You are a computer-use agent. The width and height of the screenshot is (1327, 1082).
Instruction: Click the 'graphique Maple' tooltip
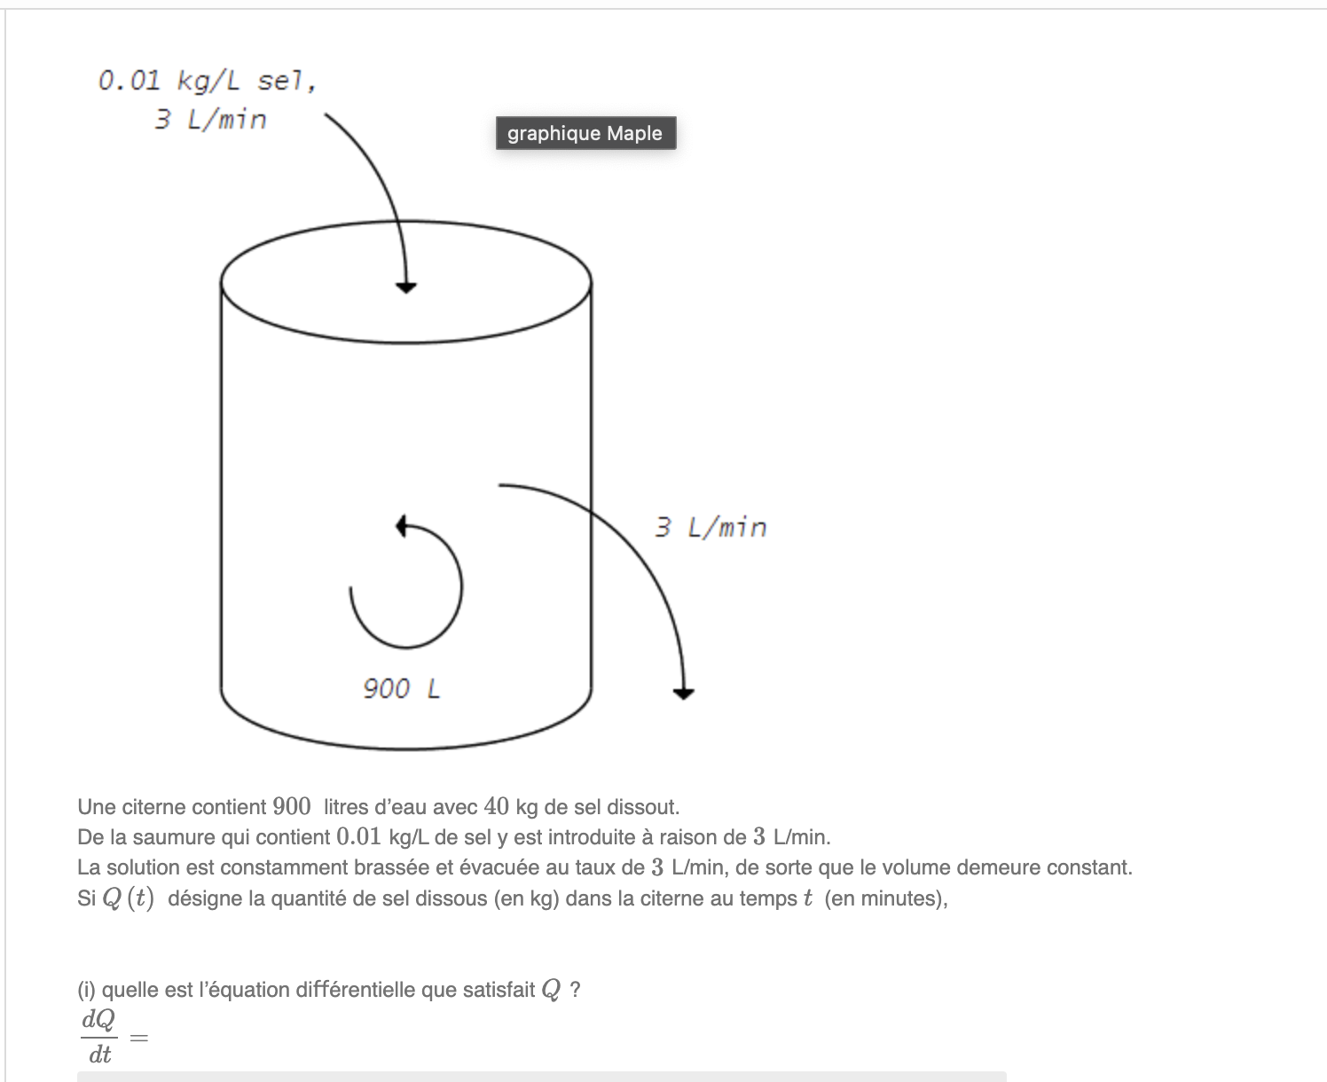pyautogui.click(x=585, y=133)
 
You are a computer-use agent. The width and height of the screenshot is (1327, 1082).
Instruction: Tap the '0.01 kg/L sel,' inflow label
pyautogui.click(x=207, y=82)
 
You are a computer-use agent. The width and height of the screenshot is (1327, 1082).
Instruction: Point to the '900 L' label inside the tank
pyautogui.click(x=401, y=688)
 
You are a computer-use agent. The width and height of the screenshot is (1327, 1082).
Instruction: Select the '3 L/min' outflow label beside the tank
pyautogui.click(x=711, y=528)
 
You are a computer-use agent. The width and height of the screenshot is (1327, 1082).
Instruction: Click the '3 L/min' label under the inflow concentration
pyautogui.click(x=210, y=120)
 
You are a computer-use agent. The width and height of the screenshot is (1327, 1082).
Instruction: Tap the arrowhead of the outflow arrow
pyautogui.click(x=683, y=693)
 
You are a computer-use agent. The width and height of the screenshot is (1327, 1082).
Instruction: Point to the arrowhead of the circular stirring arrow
pyautogui.click(x=402, y=525)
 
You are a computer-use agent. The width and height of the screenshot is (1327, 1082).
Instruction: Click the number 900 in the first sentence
pyautogui.click(x=292, y=807)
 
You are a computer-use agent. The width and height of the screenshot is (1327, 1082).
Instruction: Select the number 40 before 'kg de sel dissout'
pyautogui.click(x=497, y=807)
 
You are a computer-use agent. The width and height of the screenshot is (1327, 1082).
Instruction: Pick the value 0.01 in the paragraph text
pyautogui.click(x=359, y=837)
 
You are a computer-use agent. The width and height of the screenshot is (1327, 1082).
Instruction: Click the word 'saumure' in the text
pyautogui.click(x=169, y=837)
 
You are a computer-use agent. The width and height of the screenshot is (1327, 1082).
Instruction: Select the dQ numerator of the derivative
pyautogui.click(x=98, y=1020)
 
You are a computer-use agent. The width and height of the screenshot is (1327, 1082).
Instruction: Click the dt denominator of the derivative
pyautogui.click(x=99, y=1055)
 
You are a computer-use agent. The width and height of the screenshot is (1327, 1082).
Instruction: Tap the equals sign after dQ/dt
pyautogui.click(x=139, y=1037)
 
